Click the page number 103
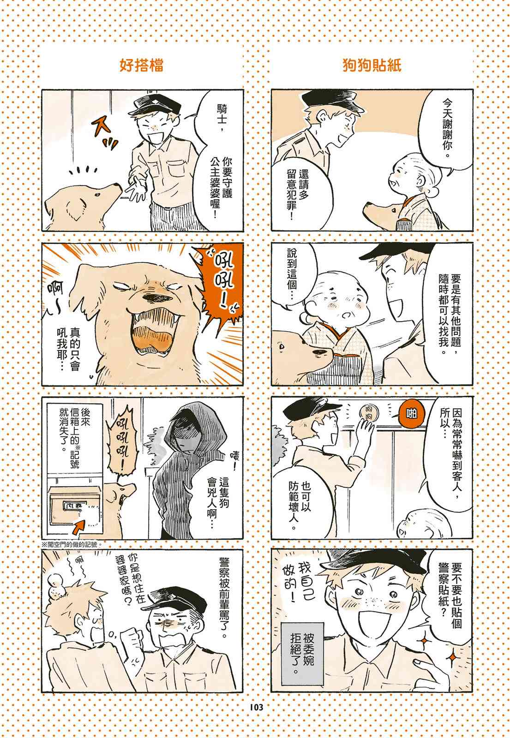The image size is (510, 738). pos(256,707)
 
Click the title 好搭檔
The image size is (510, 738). pos(141,65)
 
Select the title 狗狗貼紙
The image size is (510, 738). pos(372,65)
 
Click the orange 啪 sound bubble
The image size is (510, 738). pos(411,414)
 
